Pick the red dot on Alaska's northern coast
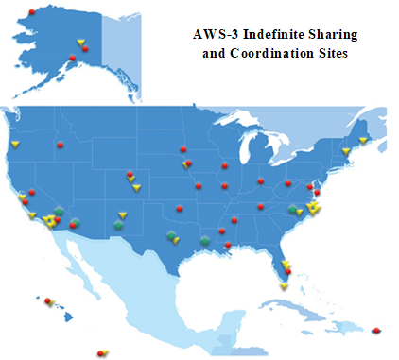pos(33,11)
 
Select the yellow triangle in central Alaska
pos(80,42)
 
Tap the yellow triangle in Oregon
pos(16,144)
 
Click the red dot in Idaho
pos(60,145)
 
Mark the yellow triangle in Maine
pos(363,140)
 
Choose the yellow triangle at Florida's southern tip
pos(284,285)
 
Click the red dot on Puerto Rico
pos(376,330)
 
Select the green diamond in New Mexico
pos(118,225)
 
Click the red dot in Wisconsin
pos(224,166)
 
